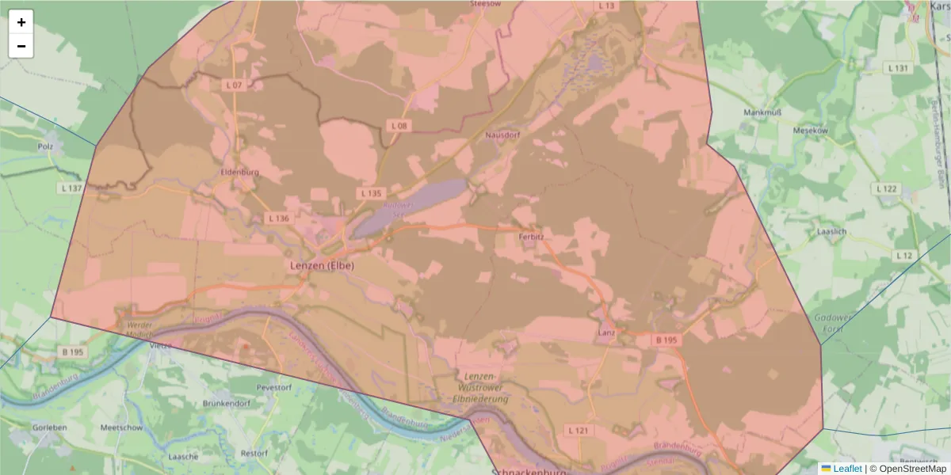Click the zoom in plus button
[21, 22]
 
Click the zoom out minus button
[21, 46]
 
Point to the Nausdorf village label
[501, 135]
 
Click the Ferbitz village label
[530, 236]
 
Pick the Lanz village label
[606, 334]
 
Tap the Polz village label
[45, 146]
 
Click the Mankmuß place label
[762, 112]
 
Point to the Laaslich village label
[832, 232]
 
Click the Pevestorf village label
[273, 387]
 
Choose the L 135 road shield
[371, 193]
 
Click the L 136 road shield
[278, 218]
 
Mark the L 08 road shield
[399, 126]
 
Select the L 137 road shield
[71, 188]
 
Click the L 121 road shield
[579, 430]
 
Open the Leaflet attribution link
[846, 469]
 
